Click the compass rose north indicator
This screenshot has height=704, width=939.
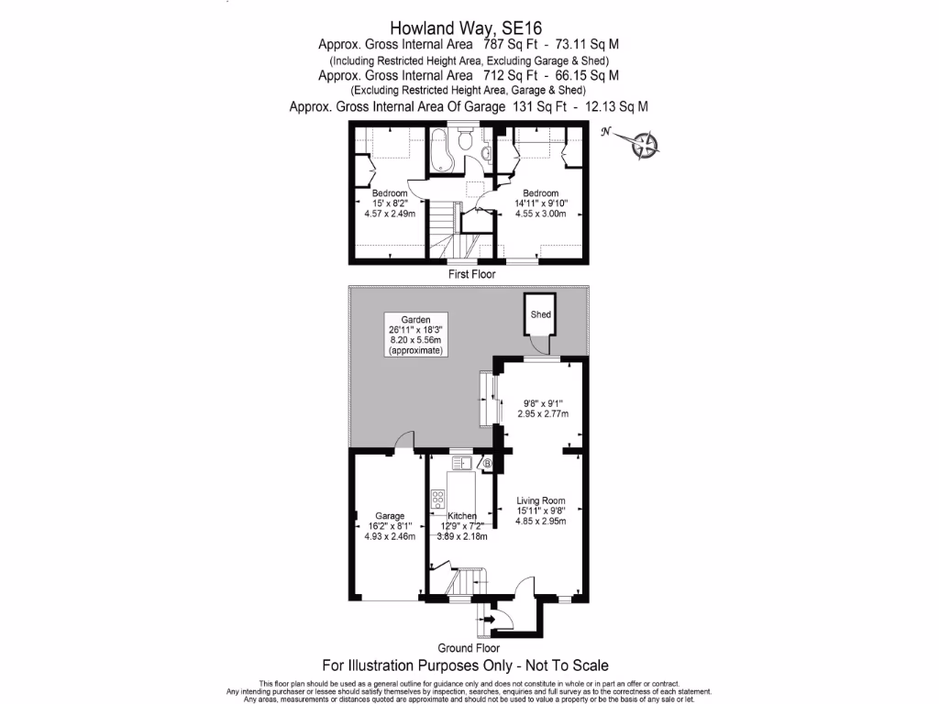[645, 144]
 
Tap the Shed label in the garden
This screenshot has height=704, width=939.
[541, 315]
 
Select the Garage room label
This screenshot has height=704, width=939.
[390, 515]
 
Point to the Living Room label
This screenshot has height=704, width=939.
[541, 500]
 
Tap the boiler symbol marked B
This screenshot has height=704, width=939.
[488, 465]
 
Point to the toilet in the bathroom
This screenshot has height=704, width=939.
[467, 142]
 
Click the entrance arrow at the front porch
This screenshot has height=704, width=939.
[491, 620]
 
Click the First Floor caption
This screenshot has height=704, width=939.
[471, 274]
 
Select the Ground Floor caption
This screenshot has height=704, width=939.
[468, 648]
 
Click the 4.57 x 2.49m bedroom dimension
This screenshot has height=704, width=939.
[390, 214]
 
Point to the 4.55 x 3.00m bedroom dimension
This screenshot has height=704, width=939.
[540, 214]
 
